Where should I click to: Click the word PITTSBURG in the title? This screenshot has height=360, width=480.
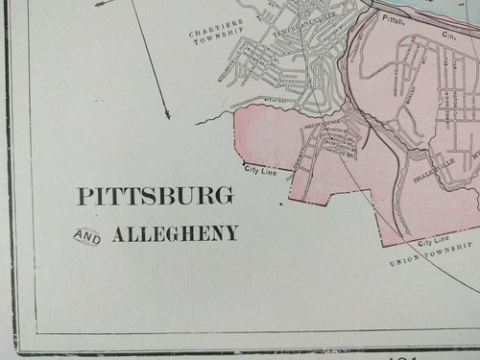coord(154,197)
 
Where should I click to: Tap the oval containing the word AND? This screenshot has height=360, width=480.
coord(86,234)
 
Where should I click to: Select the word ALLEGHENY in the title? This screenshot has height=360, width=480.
coord(175,233)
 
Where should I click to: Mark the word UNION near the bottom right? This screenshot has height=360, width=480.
coord(404,262)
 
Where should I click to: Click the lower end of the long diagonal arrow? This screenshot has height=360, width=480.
coord(167,115)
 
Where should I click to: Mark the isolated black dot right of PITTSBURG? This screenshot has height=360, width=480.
coord(281,204)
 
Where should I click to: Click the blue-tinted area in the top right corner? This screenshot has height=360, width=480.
coord(451,10)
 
